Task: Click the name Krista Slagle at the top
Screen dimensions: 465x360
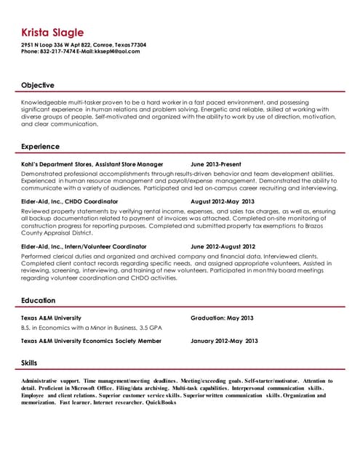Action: [x=52, y=33]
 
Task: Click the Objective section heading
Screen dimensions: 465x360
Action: [x=37, y=85]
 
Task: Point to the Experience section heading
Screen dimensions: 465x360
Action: [x=40, y=146]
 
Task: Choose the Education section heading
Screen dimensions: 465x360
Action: [x=38, y=300]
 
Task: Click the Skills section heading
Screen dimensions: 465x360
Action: [x=29, y=362]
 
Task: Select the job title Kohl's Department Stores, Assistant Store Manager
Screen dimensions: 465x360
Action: [x=92, y=164]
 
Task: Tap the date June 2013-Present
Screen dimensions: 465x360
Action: [x=215, y=164]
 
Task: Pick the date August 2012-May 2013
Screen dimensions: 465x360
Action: [x=223, y=201]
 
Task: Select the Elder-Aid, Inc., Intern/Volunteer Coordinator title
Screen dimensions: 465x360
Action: [x=84, y=246]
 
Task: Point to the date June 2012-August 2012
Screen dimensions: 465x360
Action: [x=223, y=246]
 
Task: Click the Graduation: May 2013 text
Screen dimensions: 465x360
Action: [x=222, y=318]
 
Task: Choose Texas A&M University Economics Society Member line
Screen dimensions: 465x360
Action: [x=91, y=340]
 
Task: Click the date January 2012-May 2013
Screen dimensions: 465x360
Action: [x=224, y=340]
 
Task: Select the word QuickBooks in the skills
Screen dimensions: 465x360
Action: [x=160, y=402]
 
